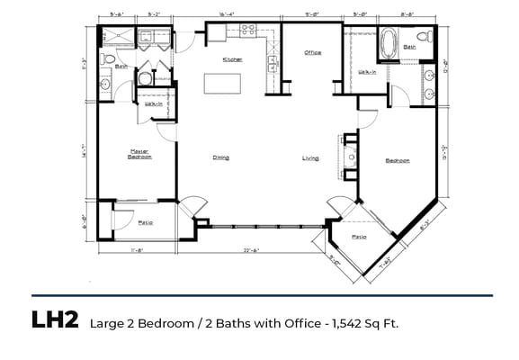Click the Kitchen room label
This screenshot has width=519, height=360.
233,59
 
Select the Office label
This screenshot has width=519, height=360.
312,52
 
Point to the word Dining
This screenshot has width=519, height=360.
220,157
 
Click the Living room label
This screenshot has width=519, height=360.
310,158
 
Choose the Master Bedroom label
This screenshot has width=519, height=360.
139,154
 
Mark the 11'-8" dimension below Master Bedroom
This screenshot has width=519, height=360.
138,250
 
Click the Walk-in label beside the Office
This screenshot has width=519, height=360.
368,71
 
